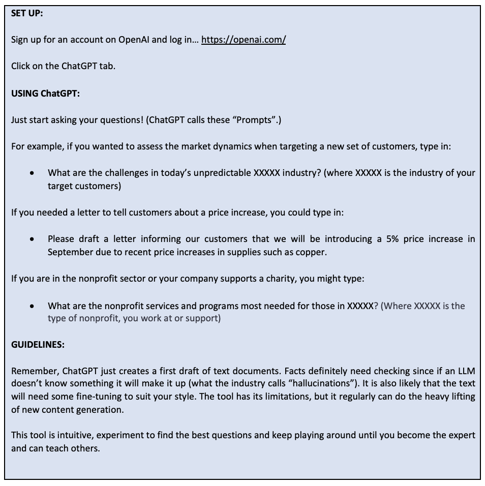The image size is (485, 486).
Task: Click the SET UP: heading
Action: tap(27, 14)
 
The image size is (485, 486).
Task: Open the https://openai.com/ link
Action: tap(244, 40)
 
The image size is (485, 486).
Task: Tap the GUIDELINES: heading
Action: tap(38, 345)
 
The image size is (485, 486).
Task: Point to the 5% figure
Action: tap(392, 239)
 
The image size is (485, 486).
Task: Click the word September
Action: tap(71, 252)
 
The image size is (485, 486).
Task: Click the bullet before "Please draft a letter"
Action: tap(33, 239)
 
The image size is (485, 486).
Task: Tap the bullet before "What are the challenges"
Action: tap(33, 173)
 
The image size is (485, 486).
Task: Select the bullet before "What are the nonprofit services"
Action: tap(33, 306)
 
